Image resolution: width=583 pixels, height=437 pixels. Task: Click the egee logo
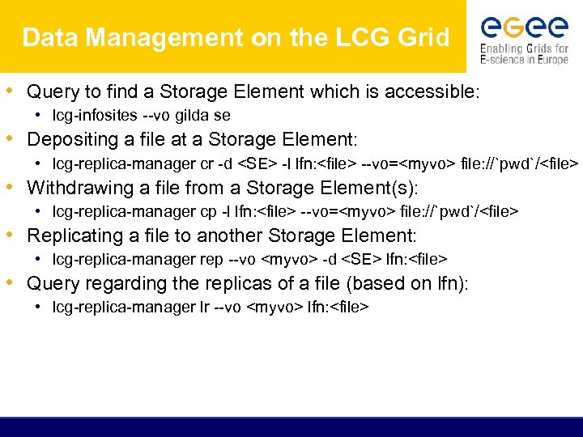[x=524, y=28]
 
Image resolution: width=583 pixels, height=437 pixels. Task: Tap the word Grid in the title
[x=424, y=37]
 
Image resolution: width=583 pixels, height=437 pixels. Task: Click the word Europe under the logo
[x=551, y=60]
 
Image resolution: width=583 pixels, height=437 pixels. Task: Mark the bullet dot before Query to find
[x=15, y=91]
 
